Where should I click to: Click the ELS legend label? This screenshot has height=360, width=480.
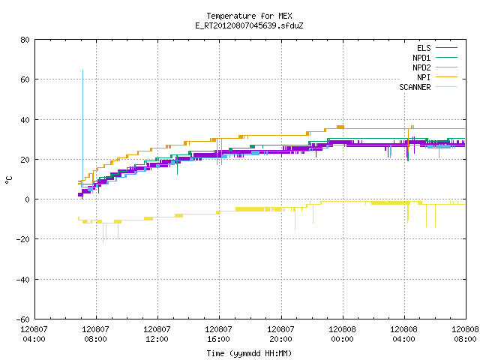(x=424, y=48)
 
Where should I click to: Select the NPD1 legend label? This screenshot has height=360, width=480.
(x=421, y=58)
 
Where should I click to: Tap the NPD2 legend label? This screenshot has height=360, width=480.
(x=421, y=67)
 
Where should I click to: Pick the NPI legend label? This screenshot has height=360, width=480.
(x=424, y=77)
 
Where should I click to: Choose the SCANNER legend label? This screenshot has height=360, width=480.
(x=415, y=87)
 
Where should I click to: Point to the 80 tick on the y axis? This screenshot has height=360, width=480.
(x=25, y=40)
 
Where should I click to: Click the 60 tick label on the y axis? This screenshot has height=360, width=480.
(x=25, y=79)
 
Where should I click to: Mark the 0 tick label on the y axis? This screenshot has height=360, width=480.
(x=28, y=199)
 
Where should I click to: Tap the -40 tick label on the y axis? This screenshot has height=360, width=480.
(x=23, y=280)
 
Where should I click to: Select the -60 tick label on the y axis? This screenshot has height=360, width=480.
(x=23, y=319)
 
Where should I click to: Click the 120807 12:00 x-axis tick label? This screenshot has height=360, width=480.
(x=157, y=334)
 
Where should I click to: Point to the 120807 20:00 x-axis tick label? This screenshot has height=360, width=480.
(x=280, y=334)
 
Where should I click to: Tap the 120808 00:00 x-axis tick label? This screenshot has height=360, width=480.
(x=342, y=334)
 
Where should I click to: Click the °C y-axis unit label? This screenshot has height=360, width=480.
(x=8, y=180)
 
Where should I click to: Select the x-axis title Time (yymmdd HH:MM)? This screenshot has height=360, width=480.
(x=249, y=353)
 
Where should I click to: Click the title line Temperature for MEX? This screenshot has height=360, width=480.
(x=249, y=16)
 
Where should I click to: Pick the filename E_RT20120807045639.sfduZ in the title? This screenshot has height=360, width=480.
(x=249, y=25)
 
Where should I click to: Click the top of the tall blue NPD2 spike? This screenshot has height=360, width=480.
(x=82, y=70)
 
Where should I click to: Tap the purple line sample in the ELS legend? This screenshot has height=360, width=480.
(x=446, y=48)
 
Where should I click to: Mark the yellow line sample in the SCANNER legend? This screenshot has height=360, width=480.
(x=446, y=87)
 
